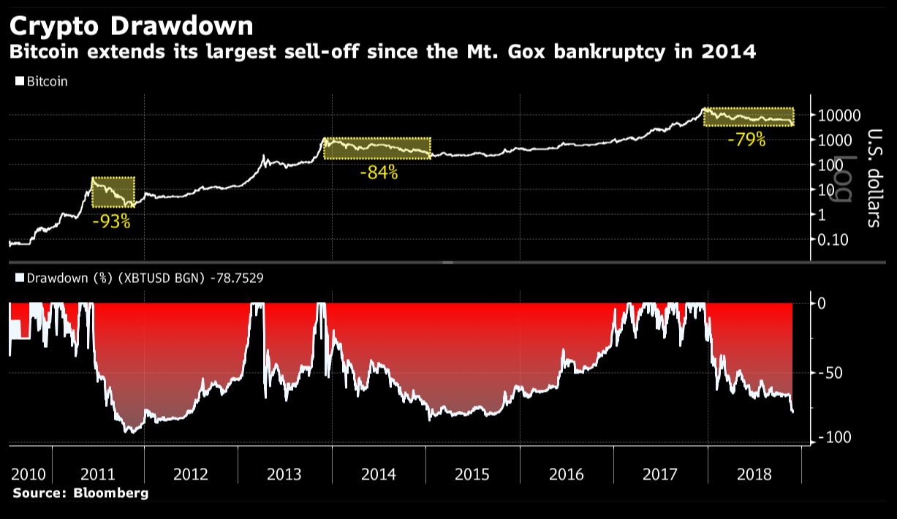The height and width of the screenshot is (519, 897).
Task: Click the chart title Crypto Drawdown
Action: (x=132, y=26)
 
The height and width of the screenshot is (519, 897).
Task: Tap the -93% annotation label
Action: (x=112, y=221)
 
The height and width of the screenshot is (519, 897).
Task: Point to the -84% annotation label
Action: (x=379, y=173)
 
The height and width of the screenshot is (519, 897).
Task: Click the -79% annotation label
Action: (x=746, y=140)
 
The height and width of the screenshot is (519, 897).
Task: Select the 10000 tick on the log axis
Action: (x=840, y=115)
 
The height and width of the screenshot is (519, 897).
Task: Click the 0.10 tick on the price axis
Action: (x=833, y=240)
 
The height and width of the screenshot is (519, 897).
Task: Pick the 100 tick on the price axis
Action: (x=832, y=165)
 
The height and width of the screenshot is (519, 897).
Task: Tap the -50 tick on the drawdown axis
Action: (x=831, y=374)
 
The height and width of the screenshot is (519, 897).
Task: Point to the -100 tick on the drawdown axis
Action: (x=834, y=437)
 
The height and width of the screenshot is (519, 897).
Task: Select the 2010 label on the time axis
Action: (x=28, y=474)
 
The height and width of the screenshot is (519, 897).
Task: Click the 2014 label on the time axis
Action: (x=379, y=474)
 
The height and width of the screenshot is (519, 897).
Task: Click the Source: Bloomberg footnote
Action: (x=80, y=493)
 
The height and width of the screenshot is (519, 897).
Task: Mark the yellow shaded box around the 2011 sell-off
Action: (x=113, y=193)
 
